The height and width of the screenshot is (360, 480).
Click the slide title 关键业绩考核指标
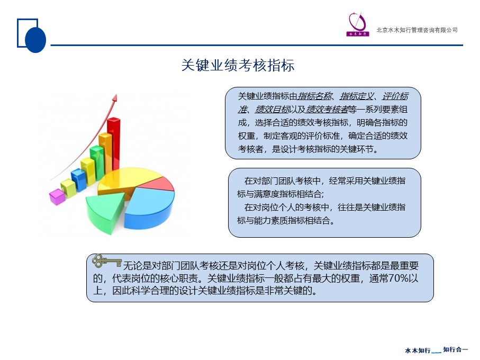coord(238,65)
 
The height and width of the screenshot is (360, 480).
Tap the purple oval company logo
coord(357,24)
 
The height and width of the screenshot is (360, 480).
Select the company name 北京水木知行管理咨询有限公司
coord(417,30)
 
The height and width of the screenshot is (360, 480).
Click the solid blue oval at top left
coord(35,40)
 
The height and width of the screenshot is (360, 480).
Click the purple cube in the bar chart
coord(57,197)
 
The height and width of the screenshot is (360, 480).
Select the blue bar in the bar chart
coord(79,180)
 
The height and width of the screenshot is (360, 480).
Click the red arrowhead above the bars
coord(115,97)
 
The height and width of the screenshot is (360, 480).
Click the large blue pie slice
coord(150,208)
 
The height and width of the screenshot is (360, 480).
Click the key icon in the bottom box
coord(106,261)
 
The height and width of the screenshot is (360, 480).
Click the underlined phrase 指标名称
coord(315,96)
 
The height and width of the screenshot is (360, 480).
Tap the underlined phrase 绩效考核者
coord(327,110)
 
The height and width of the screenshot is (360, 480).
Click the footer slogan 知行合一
coord(456,349)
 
